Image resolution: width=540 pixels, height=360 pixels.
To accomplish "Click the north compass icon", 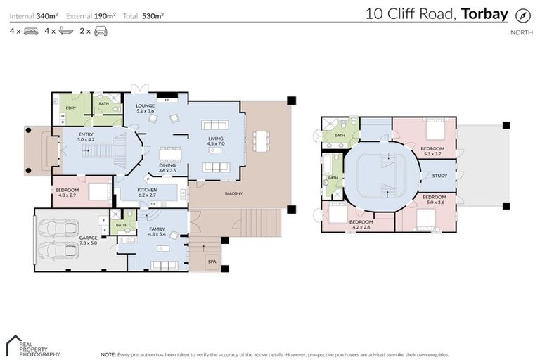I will coord(522,15).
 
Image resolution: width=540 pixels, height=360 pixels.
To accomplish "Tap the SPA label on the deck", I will coord(212,262).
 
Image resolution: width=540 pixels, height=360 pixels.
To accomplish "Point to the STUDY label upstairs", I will coord(439,176).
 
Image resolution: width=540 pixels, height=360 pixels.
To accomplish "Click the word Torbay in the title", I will coord(485,14).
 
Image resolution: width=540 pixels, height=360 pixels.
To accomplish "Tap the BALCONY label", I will coord(234,193).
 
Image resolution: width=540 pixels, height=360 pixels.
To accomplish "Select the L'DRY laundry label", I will coord(70,108).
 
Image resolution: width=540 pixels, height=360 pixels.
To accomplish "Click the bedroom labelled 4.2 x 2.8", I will coord(359,225).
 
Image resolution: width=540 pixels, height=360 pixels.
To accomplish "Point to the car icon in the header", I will coord(101,31).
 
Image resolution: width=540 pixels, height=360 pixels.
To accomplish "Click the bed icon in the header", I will coord(31,31).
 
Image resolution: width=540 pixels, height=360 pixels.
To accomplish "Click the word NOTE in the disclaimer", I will coord(108,354).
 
